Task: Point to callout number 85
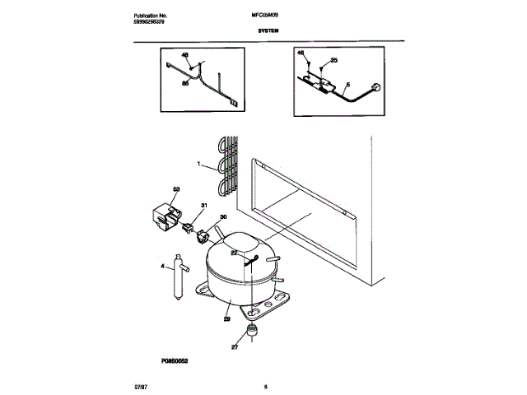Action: [x=184, y=81]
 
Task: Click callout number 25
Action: [x=333, y=60]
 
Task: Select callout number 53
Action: [x=176, y=191]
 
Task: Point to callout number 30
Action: [x=221, y=218]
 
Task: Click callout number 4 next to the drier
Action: [x=162, y=266]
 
